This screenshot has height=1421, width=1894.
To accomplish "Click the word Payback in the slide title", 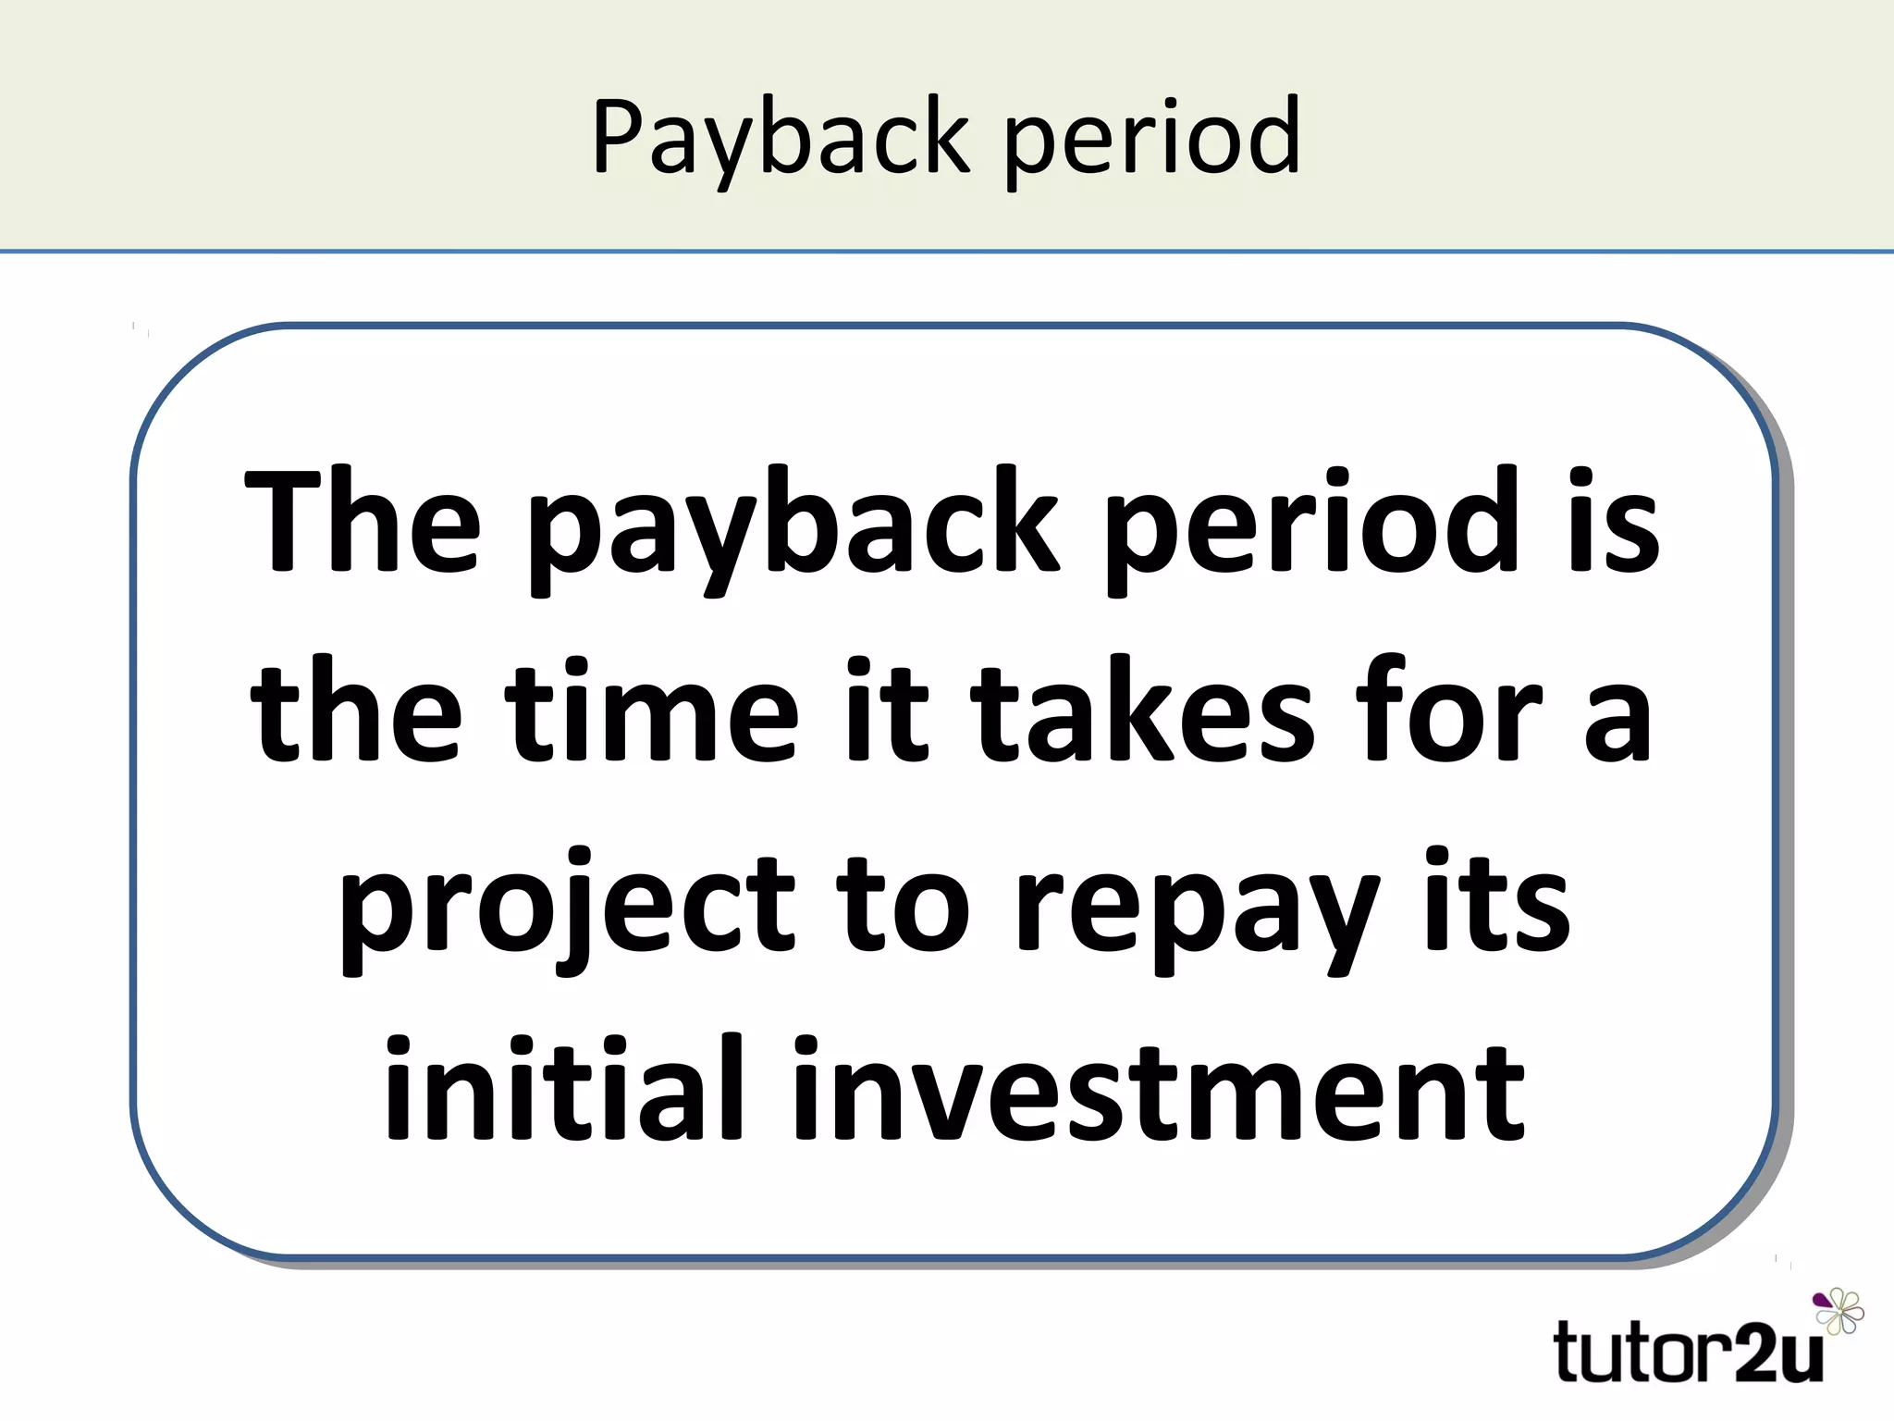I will tap(781, 139).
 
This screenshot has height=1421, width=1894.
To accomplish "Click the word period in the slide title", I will tap(1152, 139).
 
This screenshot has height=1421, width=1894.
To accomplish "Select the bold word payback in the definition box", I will tap(794, 527).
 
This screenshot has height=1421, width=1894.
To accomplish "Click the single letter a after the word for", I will tap(1617, 722).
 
